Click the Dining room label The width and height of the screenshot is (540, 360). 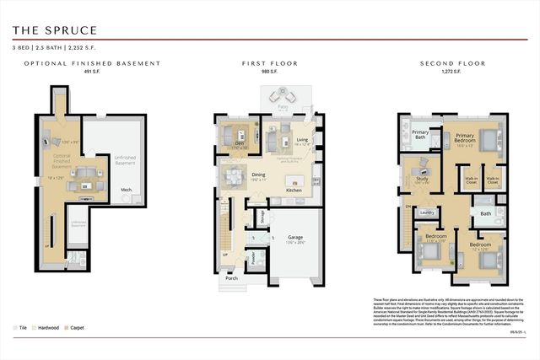[259, 175]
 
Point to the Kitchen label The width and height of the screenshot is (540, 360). [294, 191]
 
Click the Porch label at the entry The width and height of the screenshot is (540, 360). [230, 278]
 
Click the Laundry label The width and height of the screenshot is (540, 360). [428, 212]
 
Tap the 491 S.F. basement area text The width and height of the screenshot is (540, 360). [92, 73]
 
